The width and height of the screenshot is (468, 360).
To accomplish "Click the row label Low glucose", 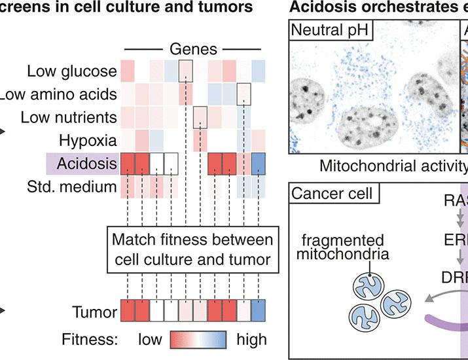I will tap(73, 71).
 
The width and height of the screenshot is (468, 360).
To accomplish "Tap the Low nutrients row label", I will tap(69, 118).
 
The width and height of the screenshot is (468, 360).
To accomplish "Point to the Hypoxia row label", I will tap(88, 140).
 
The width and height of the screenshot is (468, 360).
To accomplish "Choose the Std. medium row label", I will tap(77, 187).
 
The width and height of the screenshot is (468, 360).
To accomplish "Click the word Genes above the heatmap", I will tap(194, 49).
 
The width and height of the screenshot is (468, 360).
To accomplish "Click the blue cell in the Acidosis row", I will tap(259, 164).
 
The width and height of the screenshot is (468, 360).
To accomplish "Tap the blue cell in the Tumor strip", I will tap(259, 312).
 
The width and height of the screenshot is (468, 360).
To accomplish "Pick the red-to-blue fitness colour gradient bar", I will tap(198, 339).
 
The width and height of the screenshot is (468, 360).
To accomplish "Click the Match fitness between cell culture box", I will tap(192, 248).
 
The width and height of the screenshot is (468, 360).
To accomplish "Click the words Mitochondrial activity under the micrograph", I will tap(393, 166).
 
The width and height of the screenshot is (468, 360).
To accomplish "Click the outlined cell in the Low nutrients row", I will tap(200, 117).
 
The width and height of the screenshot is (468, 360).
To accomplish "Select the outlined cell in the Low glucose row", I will tap(185, 70).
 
